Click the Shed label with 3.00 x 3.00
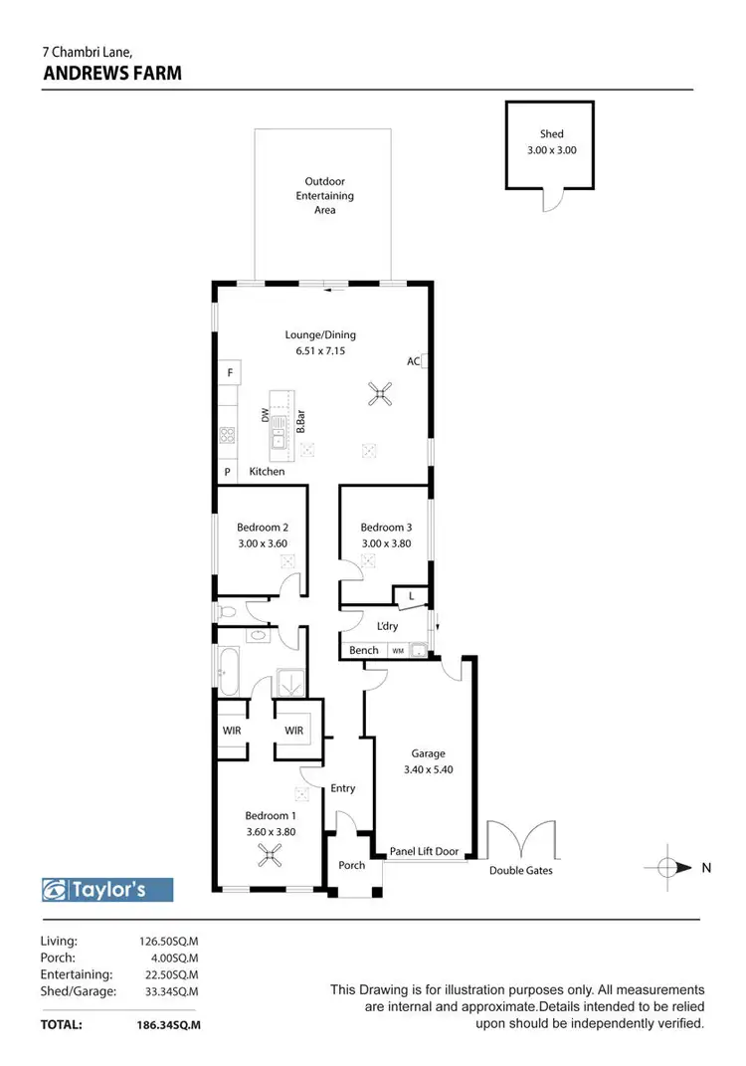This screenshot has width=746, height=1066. tap(551, 142)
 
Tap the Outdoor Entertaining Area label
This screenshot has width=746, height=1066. tap(324, 195)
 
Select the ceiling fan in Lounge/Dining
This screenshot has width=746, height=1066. tap(379, 396)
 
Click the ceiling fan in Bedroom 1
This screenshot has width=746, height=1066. tap(268, 854)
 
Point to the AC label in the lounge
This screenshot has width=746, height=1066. tap(413, 361)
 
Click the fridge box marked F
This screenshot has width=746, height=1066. tap(229, 373)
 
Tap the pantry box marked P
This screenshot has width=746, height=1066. tap(227, 472)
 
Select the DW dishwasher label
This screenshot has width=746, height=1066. tap(266, 417)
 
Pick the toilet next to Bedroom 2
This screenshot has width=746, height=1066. tap(226, 612)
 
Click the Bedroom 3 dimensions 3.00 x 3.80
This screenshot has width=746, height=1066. tap(385, 543)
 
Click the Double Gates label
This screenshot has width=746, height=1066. tap(520, 871)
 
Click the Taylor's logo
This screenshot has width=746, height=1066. tap(107, 889)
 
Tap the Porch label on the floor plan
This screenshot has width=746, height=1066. tap(352, 865)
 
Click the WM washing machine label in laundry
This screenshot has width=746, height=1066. tap(398, 651)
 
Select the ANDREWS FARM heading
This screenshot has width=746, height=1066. tap(111, 73)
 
